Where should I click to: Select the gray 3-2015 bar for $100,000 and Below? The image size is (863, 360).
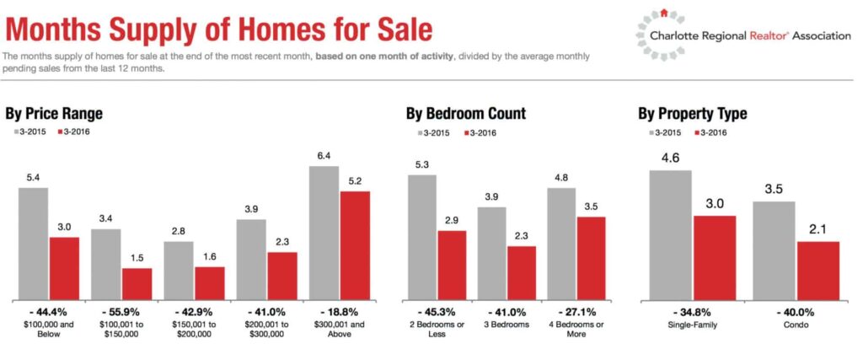click(x=33, y=244)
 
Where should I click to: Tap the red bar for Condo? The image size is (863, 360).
click(x=817, y=271)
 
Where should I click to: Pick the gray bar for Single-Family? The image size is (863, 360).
click(x=670, y=235)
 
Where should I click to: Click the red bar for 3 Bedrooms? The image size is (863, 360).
click(x=522, y=272)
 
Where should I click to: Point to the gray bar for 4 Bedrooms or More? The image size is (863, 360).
click(x=561, y=244)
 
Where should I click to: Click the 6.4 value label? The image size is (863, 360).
click(x=324, y=156)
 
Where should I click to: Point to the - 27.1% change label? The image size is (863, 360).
click(x=576, y=311)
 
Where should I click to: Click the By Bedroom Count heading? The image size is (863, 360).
click(x=465, y=114)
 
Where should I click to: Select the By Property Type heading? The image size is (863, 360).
click(x=692, y=114)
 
